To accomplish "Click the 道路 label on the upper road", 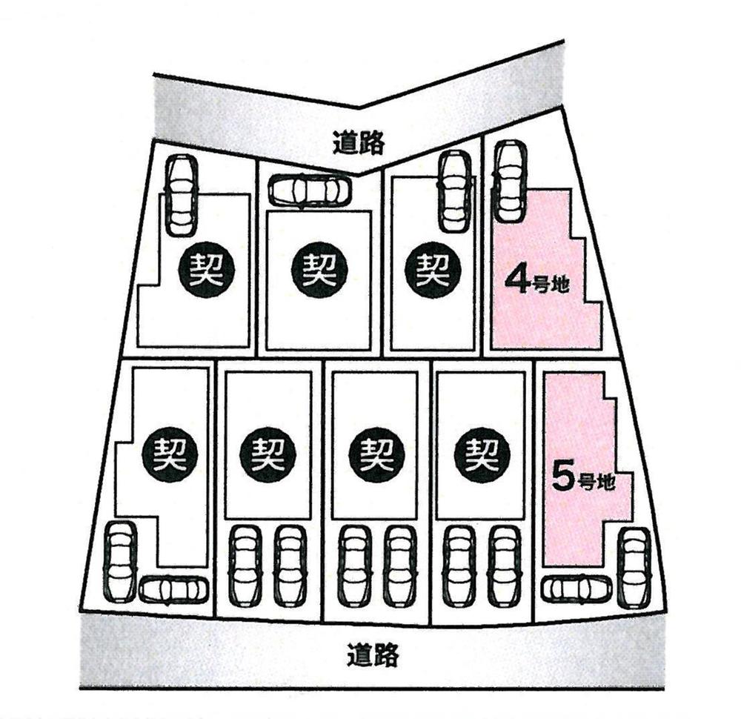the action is [359, 141].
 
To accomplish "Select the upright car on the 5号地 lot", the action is [634, 568].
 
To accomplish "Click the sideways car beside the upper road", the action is [310, 190].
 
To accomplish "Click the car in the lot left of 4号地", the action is [453, 191].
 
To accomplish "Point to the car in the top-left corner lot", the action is [181, 195].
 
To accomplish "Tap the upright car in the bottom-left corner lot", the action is [120, 561].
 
